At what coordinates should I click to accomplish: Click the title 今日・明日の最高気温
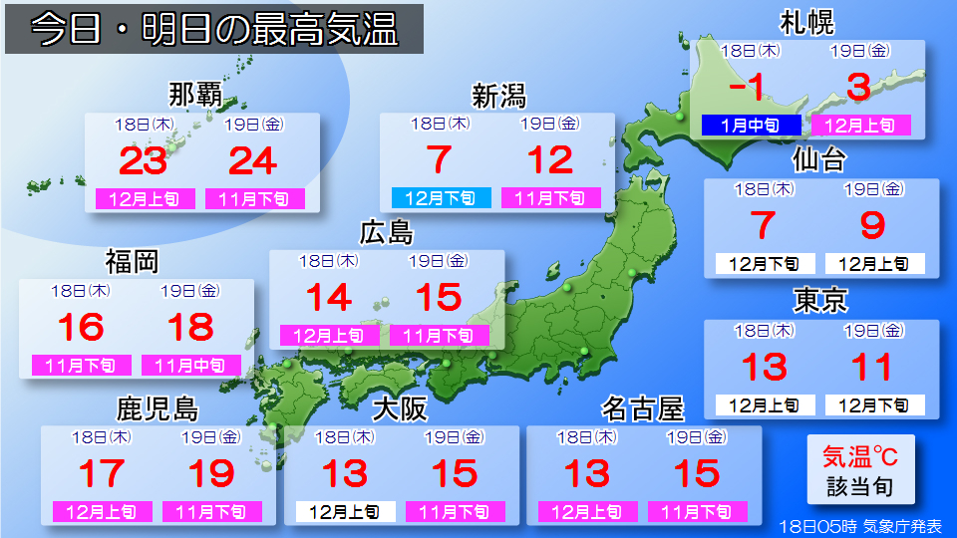[214, 30]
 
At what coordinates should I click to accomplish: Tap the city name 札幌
[807, 22]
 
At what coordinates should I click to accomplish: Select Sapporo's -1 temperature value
[748, 88]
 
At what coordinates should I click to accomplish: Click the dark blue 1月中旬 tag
[751, 126]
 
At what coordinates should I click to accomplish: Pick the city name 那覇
[194, 96]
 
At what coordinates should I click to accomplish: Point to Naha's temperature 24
[253, 160]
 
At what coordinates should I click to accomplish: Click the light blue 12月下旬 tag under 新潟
[441, 198]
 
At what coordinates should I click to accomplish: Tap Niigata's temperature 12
[550, 160]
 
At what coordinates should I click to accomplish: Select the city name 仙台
[819, 159]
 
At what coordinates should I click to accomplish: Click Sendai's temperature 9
[872, 226]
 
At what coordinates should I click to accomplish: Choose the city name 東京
[819, 301]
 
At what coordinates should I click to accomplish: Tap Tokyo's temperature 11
[872, 368]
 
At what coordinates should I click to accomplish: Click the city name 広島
[386, 233]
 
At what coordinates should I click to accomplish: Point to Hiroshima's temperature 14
[329, 298]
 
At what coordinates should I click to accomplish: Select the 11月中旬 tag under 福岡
[190, 366]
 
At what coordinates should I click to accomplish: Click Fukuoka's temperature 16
[81, 328]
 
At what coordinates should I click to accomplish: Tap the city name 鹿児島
[157, 408]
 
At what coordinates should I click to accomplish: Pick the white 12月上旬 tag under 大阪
[345, 512]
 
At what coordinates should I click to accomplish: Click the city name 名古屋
[643, 408]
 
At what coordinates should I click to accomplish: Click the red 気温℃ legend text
[859, 457]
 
